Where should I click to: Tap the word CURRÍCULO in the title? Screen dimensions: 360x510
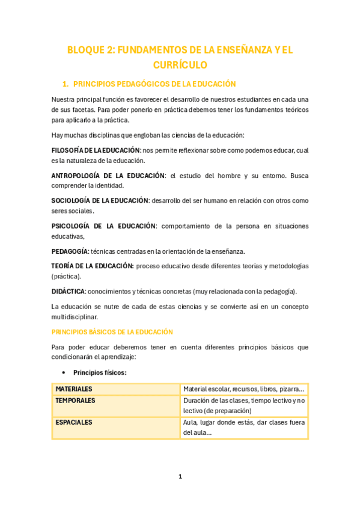tap(180, 65)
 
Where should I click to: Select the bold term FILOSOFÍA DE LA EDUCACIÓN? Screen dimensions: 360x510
tap(96, 150)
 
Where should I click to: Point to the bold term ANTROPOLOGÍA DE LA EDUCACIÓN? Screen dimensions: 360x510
tap(108, 176)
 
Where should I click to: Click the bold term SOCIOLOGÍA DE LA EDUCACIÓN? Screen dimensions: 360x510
tap(100, 200)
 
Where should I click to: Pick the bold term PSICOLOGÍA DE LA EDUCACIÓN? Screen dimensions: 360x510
tap(103, 226)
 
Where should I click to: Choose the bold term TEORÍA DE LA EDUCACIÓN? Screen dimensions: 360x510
tap(93, 266)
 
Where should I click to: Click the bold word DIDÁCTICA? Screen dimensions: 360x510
tap(68, 291)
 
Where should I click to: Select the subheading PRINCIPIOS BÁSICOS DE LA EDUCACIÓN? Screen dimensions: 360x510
tap(112, 331)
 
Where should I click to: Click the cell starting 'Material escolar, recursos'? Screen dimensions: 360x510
tap(244, 389)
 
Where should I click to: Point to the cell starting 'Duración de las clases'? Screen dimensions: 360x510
tap(244, 405)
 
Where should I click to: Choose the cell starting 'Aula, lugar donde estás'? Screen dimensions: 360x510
tap(244, 427)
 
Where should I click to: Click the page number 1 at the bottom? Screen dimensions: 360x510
tap(180, 476)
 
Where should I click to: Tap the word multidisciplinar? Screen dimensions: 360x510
tap(75, 316)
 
